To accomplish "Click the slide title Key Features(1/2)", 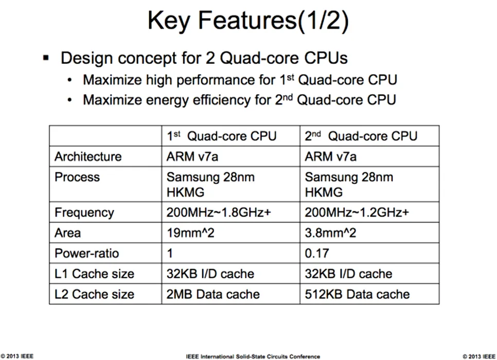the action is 248,21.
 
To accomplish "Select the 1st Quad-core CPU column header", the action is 222,136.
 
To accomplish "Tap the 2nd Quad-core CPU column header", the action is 361,136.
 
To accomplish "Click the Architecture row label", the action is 88,156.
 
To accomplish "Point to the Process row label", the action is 77,177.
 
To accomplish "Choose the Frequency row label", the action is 84,213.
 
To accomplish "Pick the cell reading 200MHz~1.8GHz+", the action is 219,212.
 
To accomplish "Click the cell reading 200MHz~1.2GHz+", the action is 357,212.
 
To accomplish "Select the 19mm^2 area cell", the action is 190,233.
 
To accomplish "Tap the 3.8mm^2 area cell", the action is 330,233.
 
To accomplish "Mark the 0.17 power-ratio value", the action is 317,253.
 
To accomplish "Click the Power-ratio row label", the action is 86,253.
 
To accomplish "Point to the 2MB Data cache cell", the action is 213,294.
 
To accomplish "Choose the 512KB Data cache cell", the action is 357,294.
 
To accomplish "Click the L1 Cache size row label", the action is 95,274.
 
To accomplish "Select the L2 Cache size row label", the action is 95,294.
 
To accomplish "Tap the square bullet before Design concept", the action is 46,58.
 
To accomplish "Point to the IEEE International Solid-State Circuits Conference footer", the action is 253,356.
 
